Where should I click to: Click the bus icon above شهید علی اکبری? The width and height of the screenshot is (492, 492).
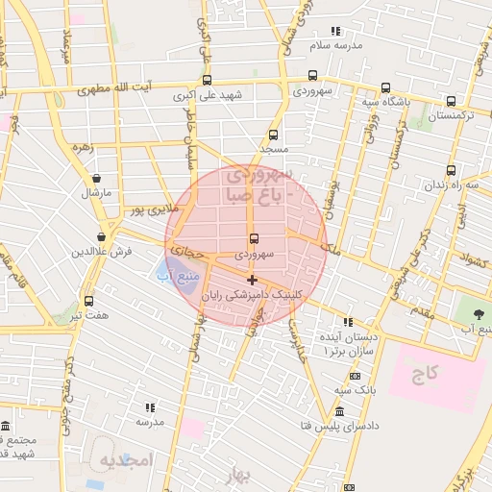(207, 81)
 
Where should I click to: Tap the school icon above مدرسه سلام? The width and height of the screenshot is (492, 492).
(335, 31)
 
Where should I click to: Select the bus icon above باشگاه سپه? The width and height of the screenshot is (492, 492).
(385, 87)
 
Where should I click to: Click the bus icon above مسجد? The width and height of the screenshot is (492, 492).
(273, 135)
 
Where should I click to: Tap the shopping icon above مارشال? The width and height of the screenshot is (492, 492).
(96, 178)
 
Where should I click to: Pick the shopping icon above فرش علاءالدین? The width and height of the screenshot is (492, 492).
(101, 237)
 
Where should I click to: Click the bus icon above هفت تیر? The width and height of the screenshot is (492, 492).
(89, 301)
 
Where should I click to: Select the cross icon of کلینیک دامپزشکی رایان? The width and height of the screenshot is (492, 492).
(253, 281)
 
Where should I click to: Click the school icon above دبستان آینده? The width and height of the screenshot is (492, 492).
(348, 322)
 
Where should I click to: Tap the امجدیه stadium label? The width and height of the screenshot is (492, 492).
(126, 460)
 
